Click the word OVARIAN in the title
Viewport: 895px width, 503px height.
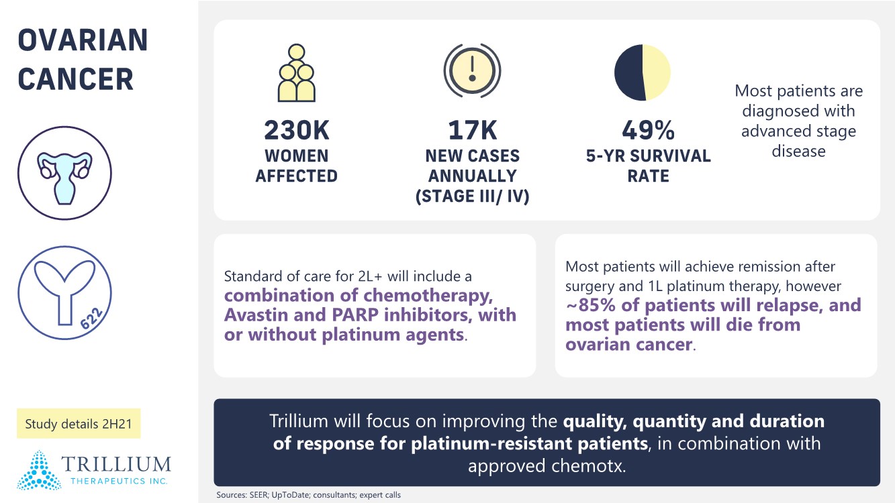coord(83,42)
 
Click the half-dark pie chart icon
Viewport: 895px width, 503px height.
coord(643,72)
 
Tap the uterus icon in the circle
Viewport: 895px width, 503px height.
coord(64,172)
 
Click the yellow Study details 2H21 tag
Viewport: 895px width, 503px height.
coord(79,424)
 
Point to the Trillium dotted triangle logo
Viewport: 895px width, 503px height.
coord(39,469)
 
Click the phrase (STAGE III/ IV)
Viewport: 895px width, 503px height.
coord(473,197)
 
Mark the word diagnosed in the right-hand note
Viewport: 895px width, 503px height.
coord(798,111)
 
